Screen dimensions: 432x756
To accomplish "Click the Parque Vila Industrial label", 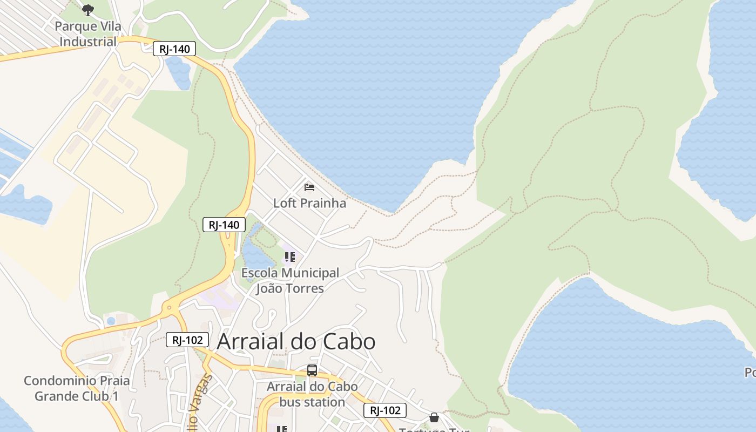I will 88,34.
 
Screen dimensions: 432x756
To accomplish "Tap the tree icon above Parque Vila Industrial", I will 88,10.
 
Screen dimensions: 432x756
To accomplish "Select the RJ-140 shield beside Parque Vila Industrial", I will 174,49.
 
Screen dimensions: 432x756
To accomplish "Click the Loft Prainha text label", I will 309,204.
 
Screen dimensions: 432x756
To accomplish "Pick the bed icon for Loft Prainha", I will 309,187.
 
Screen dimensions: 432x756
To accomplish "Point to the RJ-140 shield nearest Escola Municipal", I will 224,225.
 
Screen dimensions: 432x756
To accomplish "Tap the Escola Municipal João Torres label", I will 290,281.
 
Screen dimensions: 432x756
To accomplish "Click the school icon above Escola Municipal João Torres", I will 290,257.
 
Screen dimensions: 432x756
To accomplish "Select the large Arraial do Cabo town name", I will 296,342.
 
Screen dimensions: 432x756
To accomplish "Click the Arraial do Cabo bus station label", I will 312,394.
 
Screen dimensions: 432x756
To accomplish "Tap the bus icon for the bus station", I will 312,370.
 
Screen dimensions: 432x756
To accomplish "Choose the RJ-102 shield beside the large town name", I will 187,340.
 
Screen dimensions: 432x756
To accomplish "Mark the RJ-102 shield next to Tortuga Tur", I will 384,410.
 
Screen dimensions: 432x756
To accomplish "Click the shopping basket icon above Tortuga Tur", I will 434,417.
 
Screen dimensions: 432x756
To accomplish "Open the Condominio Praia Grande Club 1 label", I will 77,388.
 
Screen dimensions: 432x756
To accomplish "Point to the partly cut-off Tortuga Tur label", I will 434,430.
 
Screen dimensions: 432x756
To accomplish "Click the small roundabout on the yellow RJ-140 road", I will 170,308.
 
